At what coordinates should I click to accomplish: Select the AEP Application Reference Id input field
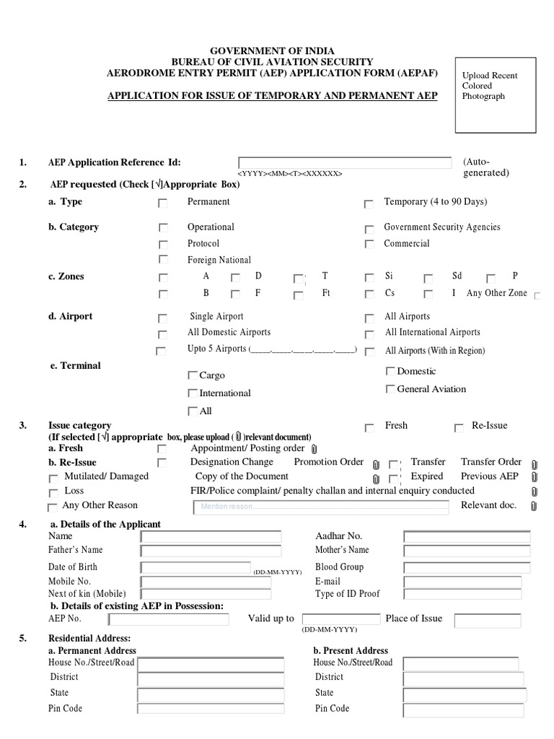(346, 162)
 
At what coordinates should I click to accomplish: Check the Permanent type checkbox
(163, 204)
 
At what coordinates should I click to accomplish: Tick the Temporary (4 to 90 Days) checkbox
(369, 204)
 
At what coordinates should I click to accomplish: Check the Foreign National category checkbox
(163, 260)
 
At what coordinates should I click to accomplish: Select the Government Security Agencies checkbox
(369, 228)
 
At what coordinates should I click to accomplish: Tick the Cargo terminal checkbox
(192, 375)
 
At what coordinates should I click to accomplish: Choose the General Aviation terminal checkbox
(390, 389)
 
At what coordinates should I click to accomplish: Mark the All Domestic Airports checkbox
(163, 333)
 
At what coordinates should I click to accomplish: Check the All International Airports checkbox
(369, 333)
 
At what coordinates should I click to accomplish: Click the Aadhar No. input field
(467, 537)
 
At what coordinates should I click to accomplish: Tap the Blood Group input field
(467, 568)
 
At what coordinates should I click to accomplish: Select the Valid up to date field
(340, 619)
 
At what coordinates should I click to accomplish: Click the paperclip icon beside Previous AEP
(534, 477)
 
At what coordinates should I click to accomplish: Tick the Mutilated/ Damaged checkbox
(53, 478)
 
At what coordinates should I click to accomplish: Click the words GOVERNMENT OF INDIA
(272, 51)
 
